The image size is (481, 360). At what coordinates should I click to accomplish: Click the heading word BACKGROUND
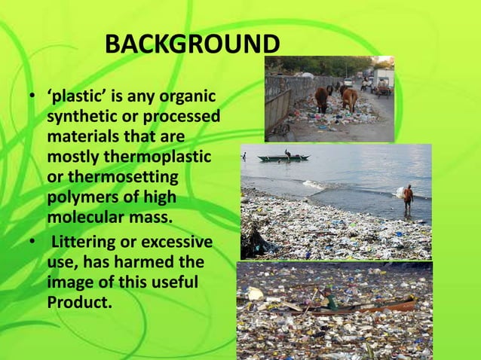[x=191, y=45]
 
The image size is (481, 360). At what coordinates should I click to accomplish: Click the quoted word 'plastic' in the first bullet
[x=77, y=98]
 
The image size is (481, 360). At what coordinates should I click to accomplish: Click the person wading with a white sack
[x=408, y=197]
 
